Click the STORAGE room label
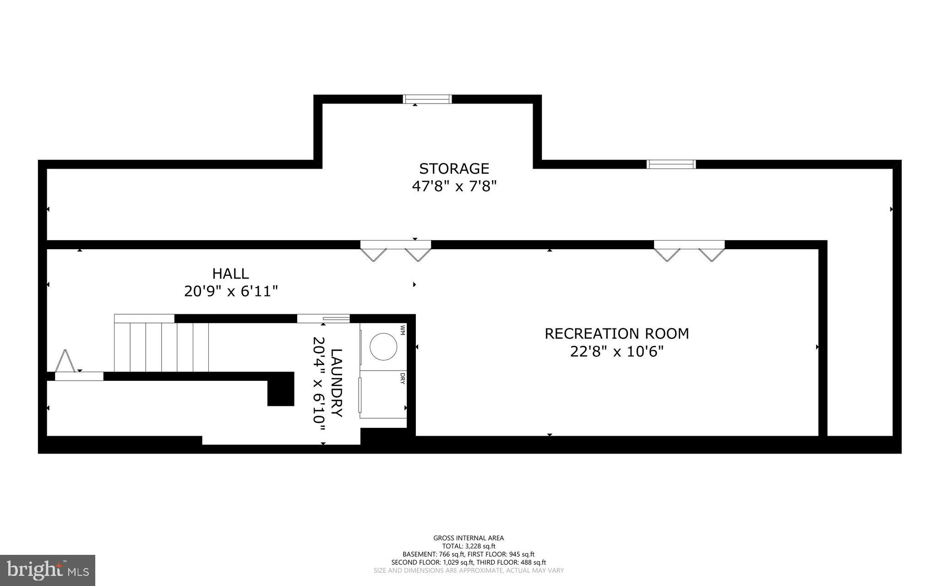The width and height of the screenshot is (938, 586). (454, 169)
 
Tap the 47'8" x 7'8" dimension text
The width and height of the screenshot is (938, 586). (454, 186)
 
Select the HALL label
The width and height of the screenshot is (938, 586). (230, 274)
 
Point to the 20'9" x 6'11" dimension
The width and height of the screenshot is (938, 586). (231, 291)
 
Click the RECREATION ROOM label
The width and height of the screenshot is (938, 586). (616, 334)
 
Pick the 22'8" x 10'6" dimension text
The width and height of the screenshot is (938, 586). (616, 352)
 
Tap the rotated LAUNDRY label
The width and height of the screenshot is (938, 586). (337, 383)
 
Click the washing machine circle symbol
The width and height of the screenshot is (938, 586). (383, 346)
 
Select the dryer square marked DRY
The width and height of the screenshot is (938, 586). (383, 394)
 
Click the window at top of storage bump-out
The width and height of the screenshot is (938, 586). (427, 99)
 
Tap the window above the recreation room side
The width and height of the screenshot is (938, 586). (671, 164)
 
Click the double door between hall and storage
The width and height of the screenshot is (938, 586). (396, 250)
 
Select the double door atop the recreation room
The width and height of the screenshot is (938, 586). (689, 250)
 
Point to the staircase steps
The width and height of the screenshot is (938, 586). (161, 347)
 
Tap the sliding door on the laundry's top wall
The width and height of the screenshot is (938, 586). (323, 318)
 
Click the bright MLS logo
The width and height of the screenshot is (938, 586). (48, 570)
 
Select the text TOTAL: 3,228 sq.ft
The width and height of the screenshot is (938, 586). (469, 546)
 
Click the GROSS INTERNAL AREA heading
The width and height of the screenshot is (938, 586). (469, 538)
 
